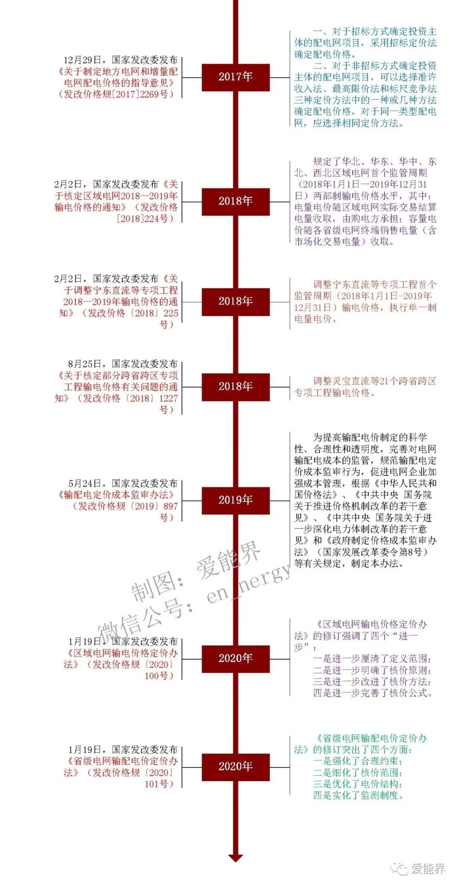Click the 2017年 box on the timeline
pos(236,77)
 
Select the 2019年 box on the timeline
pos(236,500)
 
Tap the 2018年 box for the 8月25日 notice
pos(236,387)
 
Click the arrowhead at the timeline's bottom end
pos(236,858)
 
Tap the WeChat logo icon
pos(400,868)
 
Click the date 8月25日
pos(85,364)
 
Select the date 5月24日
pos(85,483)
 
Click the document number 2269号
pos(154,94)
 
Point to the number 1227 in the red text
pos(168,398)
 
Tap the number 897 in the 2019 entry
pos(171,506)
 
